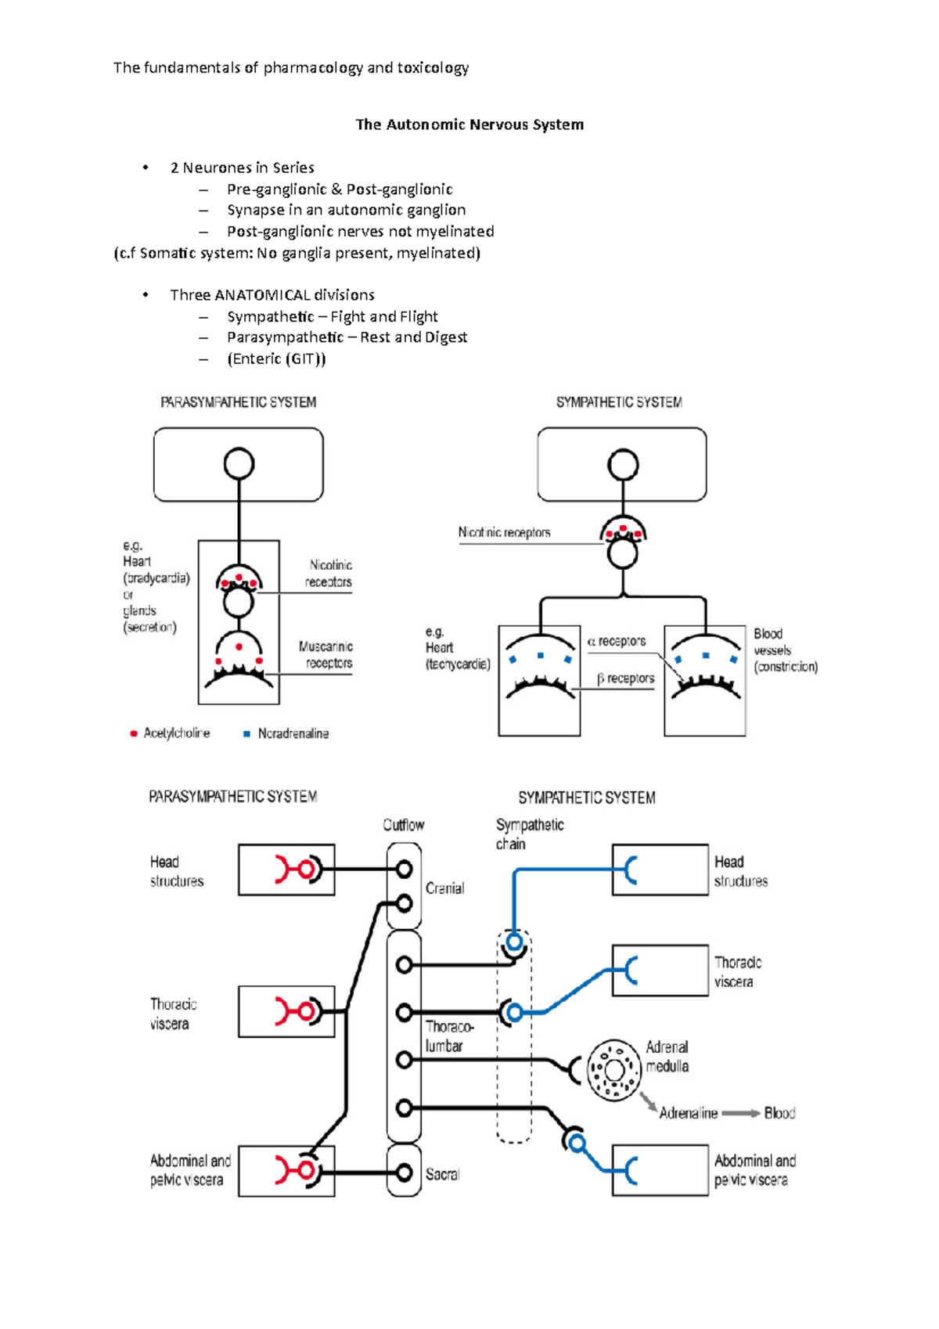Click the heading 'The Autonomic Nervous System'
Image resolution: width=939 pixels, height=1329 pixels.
pos(469,124)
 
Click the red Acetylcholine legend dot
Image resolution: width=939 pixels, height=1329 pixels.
pos(134,733)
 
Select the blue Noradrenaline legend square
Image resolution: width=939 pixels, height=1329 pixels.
pos(246,734)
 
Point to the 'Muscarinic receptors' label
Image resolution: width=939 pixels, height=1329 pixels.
pos(326,655)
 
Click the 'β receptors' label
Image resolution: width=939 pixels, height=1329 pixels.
pos(625,679)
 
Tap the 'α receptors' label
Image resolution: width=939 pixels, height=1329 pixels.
pos(617,641)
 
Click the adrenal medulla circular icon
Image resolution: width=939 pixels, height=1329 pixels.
pos(614,1070)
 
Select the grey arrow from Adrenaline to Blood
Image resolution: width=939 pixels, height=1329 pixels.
pos(739,1113)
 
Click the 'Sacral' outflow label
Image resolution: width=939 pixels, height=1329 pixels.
pos(442,1174)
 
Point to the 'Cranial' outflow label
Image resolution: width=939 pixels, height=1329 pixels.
pos(444,888)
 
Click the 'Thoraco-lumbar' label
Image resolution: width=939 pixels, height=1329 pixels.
pos(448,1036)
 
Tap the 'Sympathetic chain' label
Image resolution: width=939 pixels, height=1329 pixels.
pos(529,834)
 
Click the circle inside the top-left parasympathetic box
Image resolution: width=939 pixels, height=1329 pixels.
pos(239,463)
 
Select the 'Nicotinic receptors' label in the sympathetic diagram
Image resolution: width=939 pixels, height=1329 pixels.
pos(505,532)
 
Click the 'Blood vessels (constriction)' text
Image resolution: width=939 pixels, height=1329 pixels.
pos(785,650)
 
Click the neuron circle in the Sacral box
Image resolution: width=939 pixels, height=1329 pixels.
pos(404,1172)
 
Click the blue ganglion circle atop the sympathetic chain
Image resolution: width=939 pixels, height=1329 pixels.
pos(514,942)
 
